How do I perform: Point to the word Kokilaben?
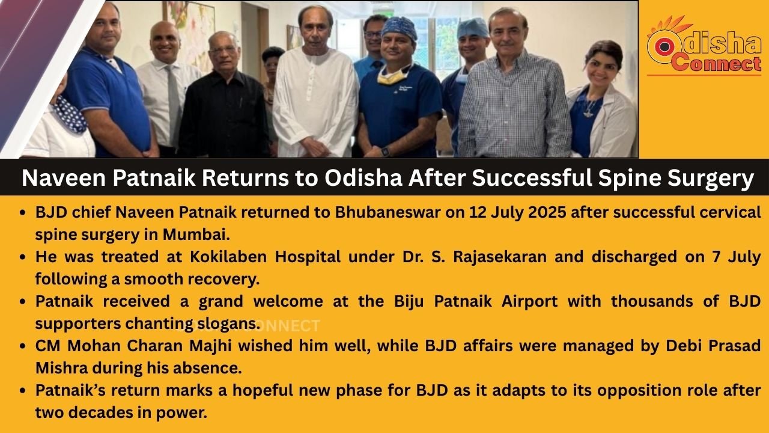pos(228,257)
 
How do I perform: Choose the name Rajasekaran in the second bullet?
pos(500,257)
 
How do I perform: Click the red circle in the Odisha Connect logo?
pos(664,46)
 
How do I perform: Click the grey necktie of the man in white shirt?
pos(174,103)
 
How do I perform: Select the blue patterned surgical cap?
pos(400,27)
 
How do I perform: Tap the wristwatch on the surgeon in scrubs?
pos(386,151)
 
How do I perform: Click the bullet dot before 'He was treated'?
pos(23,257)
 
